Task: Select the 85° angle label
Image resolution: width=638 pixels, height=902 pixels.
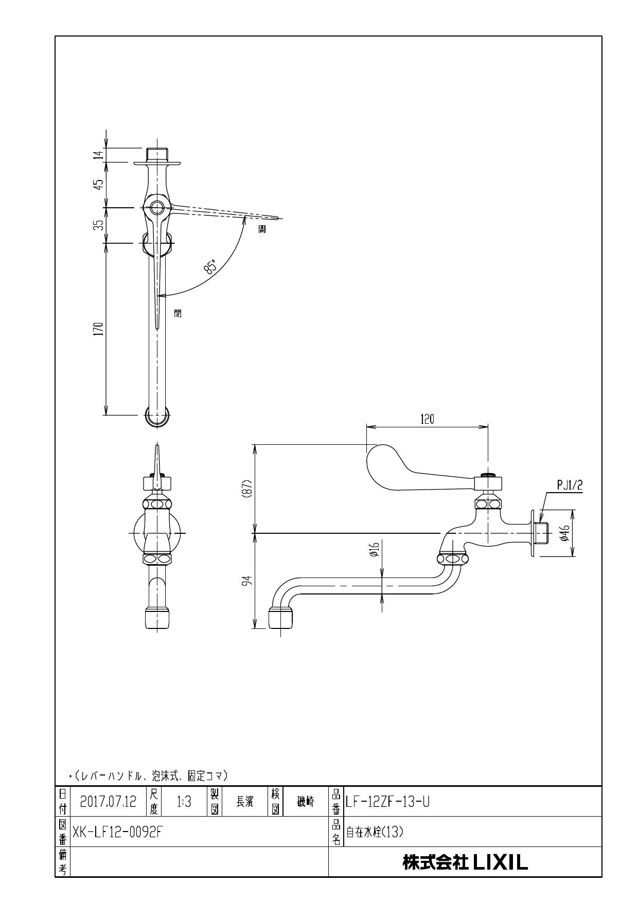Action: tap(210, 266)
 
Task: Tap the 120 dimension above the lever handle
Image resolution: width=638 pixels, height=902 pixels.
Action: tap(427, 419)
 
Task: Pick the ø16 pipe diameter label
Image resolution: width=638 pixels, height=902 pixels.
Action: tap(375, 550)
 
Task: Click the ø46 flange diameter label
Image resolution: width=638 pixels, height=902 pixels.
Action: tap(564, 533)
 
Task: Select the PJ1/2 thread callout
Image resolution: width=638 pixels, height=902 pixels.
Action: tap(570, 484)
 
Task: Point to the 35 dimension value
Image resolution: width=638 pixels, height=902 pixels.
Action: tap(99, 225)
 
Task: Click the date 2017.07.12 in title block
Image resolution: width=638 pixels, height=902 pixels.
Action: tap(108, 802)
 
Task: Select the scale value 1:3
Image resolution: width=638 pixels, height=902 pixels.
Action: tap(184, 802)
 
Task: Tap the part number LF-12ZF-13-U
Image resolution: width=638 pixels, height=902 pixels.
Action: tap(387, 802)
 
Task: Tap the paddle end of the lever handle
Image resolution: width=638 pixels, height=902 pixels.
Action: tap(381, 455)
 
